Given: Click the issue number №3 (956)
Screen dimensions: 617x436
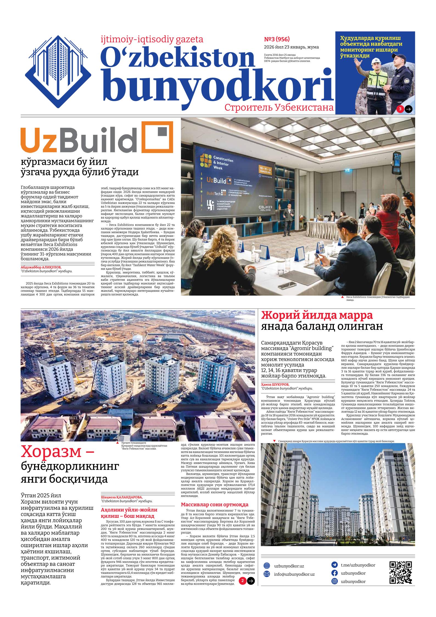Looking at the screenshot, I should click(x=276, y=39).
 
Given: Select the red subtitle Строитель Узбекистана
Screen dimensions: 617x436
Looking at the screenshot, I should click(x=279, y=108).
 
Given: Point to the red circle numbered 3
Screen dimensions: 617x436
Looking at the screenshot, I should click(x=400, y=109).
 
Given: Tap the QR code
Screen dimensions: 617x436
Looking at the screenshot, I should click(x=401, y=578).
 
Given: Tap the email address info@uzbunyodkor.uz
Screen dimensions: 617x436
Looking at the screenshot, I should click(x=294, y=580).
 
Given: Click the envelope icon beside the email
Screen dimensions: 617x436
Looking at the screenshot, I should click(x=267, y=580).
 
